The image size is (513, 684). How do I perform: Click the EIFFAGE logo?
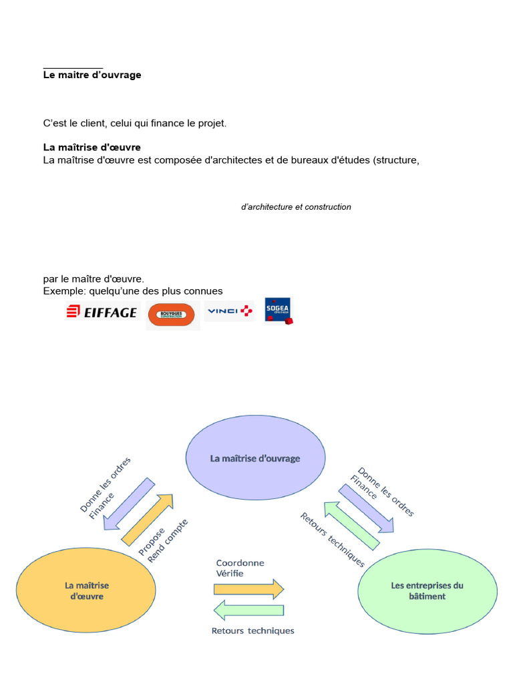tap(102, 312)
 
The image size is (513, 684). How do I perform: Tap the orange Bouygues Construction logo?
tap(172, 313)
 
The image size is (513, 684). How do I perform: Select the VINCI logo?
tap(229, 311)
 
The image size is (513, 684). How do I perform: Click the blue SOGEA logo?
tap(279, 311)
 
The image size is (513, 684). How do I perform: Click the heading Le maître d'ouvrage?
tap(92, 75)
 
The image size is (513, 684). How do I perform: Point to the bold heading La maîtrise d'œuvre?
tap(92, 147)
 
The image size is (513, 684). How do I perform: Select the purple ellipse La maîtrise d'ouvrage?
tap(255, 459)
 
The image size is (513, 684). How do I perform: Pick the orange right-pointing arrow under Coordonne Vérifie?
tap(248, 588)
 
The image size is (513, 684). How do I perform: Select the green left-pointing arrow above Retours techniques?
tap(248, 610)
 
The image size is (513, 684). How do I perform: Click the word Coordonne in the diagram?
tap(240, 562)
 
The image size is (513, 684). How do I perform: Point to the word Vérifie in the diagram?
tap(230, 573)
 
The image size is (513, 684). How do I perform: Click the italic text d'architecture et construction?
tap(296, 207)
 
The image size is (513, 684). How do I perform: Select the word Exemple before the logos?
tap(61, 291)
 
